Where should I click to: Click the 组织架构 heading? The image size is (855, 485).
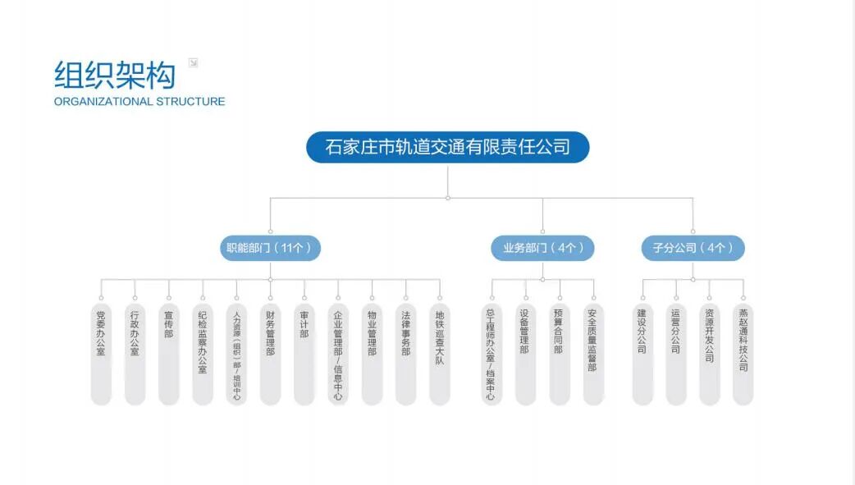[115, 75]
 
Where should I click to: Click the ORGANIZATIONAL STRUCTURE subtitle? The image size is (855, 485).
[139, 102]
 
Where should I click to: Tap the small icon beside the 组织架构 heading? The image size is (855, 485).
[193, 62]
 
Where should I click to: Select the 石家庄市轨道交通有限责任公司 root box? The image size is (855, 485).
[447, 148]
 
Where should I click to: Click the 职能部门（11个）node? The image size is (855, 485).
[270, 248]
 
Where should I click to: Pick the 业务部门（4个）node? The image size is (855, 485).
[543, 248]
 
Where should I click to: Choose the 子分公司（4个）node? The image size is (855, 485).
[693, 248]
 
